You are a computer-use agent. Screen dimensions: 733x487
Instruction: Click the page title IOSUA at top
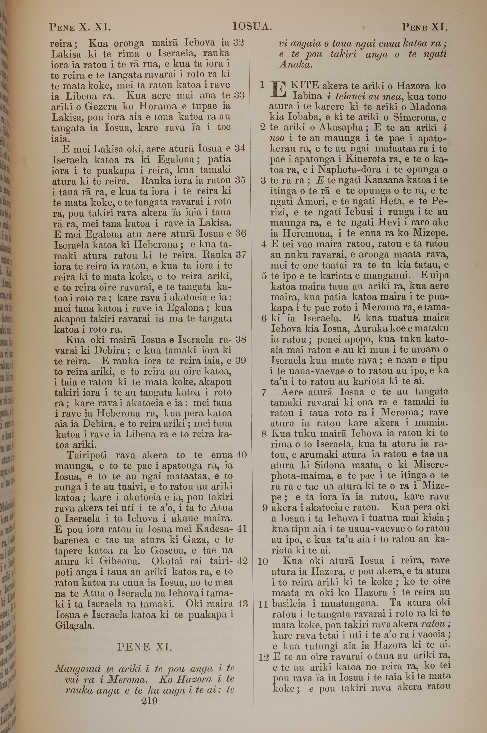[253, 27]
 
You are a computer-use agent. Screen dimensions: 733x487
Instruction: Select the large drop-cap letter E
[278, 89]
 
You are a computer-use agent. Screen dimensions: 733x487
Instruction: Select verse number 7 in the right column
[264, 392]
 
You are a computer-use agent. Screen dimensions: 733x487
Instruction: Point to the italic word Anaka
[296, 65]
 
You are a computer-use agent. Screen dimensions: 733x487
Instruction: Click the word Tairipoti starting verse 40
[87, 455]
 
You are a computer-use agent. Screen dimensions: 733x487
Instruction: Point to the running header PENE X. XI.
[80, 27]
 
